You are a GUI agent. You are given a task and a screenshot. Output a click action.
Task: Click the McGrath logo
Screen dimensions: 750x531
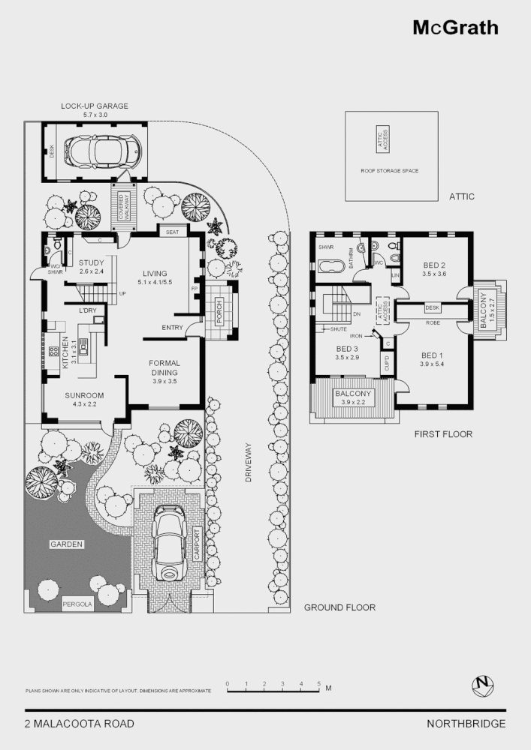coord(455,28)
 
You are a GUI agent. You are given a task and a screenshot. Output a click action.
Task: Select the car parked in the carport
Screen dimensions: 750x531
coord(169,544)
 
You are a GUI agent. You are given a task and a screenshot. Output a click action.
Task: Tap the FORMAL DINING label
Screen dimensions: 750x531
coord(165,367)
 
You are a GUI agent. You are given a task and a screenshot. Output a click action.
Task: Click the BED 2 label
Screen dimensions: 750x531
coord(434,265)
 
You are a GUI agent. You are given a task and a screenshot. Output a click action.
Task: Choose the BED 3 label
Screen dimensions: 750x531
coord(346,349)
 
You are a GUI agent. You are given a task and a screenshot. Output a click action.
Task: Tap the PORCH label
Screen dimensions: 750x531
coord(219,316)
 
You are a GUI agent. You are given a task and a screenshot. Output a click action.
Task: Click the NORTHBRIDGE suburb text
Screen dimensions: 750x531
coord(466,724)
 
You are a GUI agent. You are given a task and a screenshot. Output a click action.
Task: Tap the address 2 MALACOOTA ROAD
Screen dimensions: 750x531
coord(80,724)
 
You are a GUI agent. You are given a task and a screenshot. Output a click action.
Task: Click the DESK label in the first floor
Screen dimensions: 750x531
coord(432,307)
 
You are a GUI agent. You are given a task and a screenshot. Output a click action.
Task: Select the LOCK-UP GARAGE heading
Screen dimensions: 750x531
coord(95,106)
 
